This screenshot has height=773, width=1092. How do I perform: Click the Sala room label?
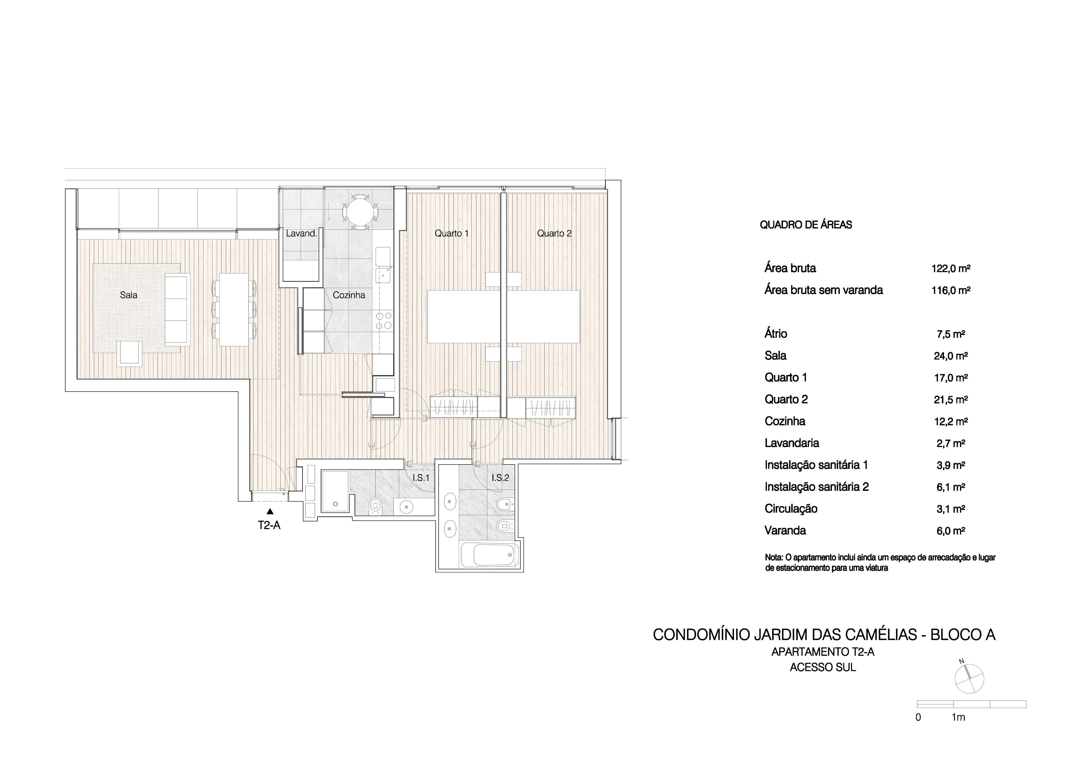point(128,295)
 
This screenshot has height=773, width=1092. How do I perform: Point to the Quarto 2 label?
point(554,233)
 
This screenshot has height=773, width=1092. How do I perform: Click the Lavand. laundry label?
point(301,233)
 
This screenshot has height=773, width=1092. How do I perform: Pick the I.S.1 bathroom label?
point(421,478)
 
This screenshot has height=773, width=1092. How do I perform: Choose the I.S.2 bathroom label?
point(500,478)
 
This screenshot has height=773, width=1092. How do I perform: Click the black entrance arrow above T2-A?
point(270,512)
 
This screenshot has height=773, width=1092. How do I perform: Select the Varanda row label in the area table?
point(785,530)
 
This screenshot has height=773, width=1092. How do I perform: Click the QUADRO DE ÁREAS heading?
point(806,225)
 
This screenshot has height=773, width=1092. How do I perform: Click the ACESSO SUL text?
point(823,667)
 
